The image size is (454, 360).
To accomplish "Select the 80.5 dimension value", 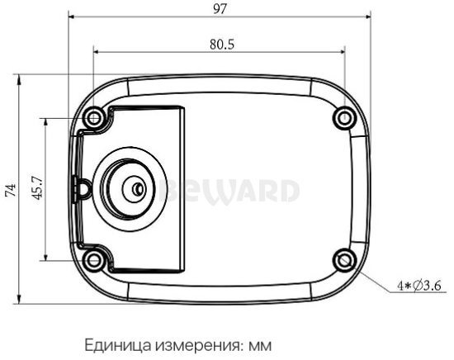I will [x=220, y=45].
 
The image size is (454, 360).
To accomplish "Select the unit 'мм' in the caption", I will [x=260, y=343].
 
